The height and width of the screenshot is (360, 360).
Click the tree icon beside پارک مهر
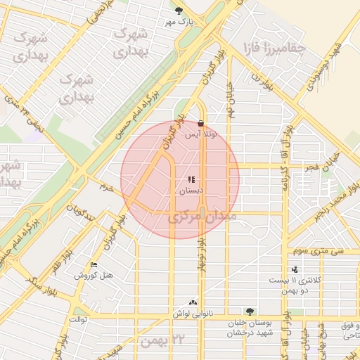coord(179,11)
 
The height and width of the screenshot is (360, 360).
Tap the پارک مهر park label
coord(179,22)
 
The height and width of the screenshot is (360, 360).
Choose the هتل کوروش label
coord(94,276)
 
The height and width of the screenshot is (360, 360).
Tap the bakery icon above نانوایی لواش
coord(193,302)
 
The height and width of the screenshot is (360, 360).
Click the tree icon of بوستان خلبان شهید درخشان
coord(250,311)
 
